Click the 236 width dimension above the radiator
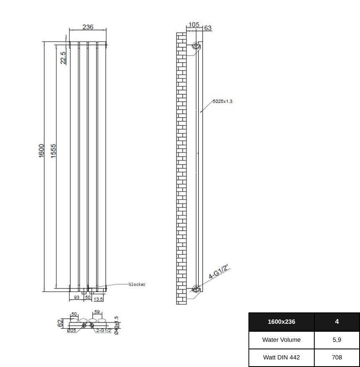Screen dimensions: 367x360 point(88,27)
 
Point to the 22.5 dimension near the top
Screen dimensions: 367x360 point(63,58)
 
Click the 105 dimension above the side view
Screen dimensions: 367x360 point(194,25)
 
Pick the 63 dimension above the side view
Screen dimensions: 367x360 point(208,28)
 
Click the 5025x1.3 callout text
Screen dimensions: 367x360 point(222,101)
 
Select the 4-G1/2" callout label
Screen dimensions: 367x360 point(218,272)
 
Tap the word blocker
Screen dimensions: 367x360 point(137,284)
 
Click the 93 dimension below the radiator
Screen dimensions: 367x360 point(77,297)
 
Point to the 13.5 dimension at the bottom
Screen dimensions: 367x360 point(98,299)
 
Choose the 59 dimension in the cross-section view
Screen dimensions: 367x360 point(97,312)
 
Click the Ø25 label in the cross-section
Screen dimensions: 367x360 point(71,331)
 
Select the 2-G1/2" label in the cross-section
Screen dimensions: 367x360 point(104,331)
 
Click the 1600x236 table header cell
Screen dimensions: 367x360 point(281,322)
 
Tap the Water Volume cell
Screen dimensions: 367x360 point(281,340)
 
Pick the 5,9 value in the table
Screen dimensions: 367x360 point(337,340)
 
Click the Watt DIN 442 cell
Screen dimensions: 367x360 point(281,357)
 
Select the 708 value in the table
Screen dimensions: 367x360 point(337,357)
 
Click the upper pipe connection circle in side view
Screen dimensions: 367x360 point(196,45)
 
